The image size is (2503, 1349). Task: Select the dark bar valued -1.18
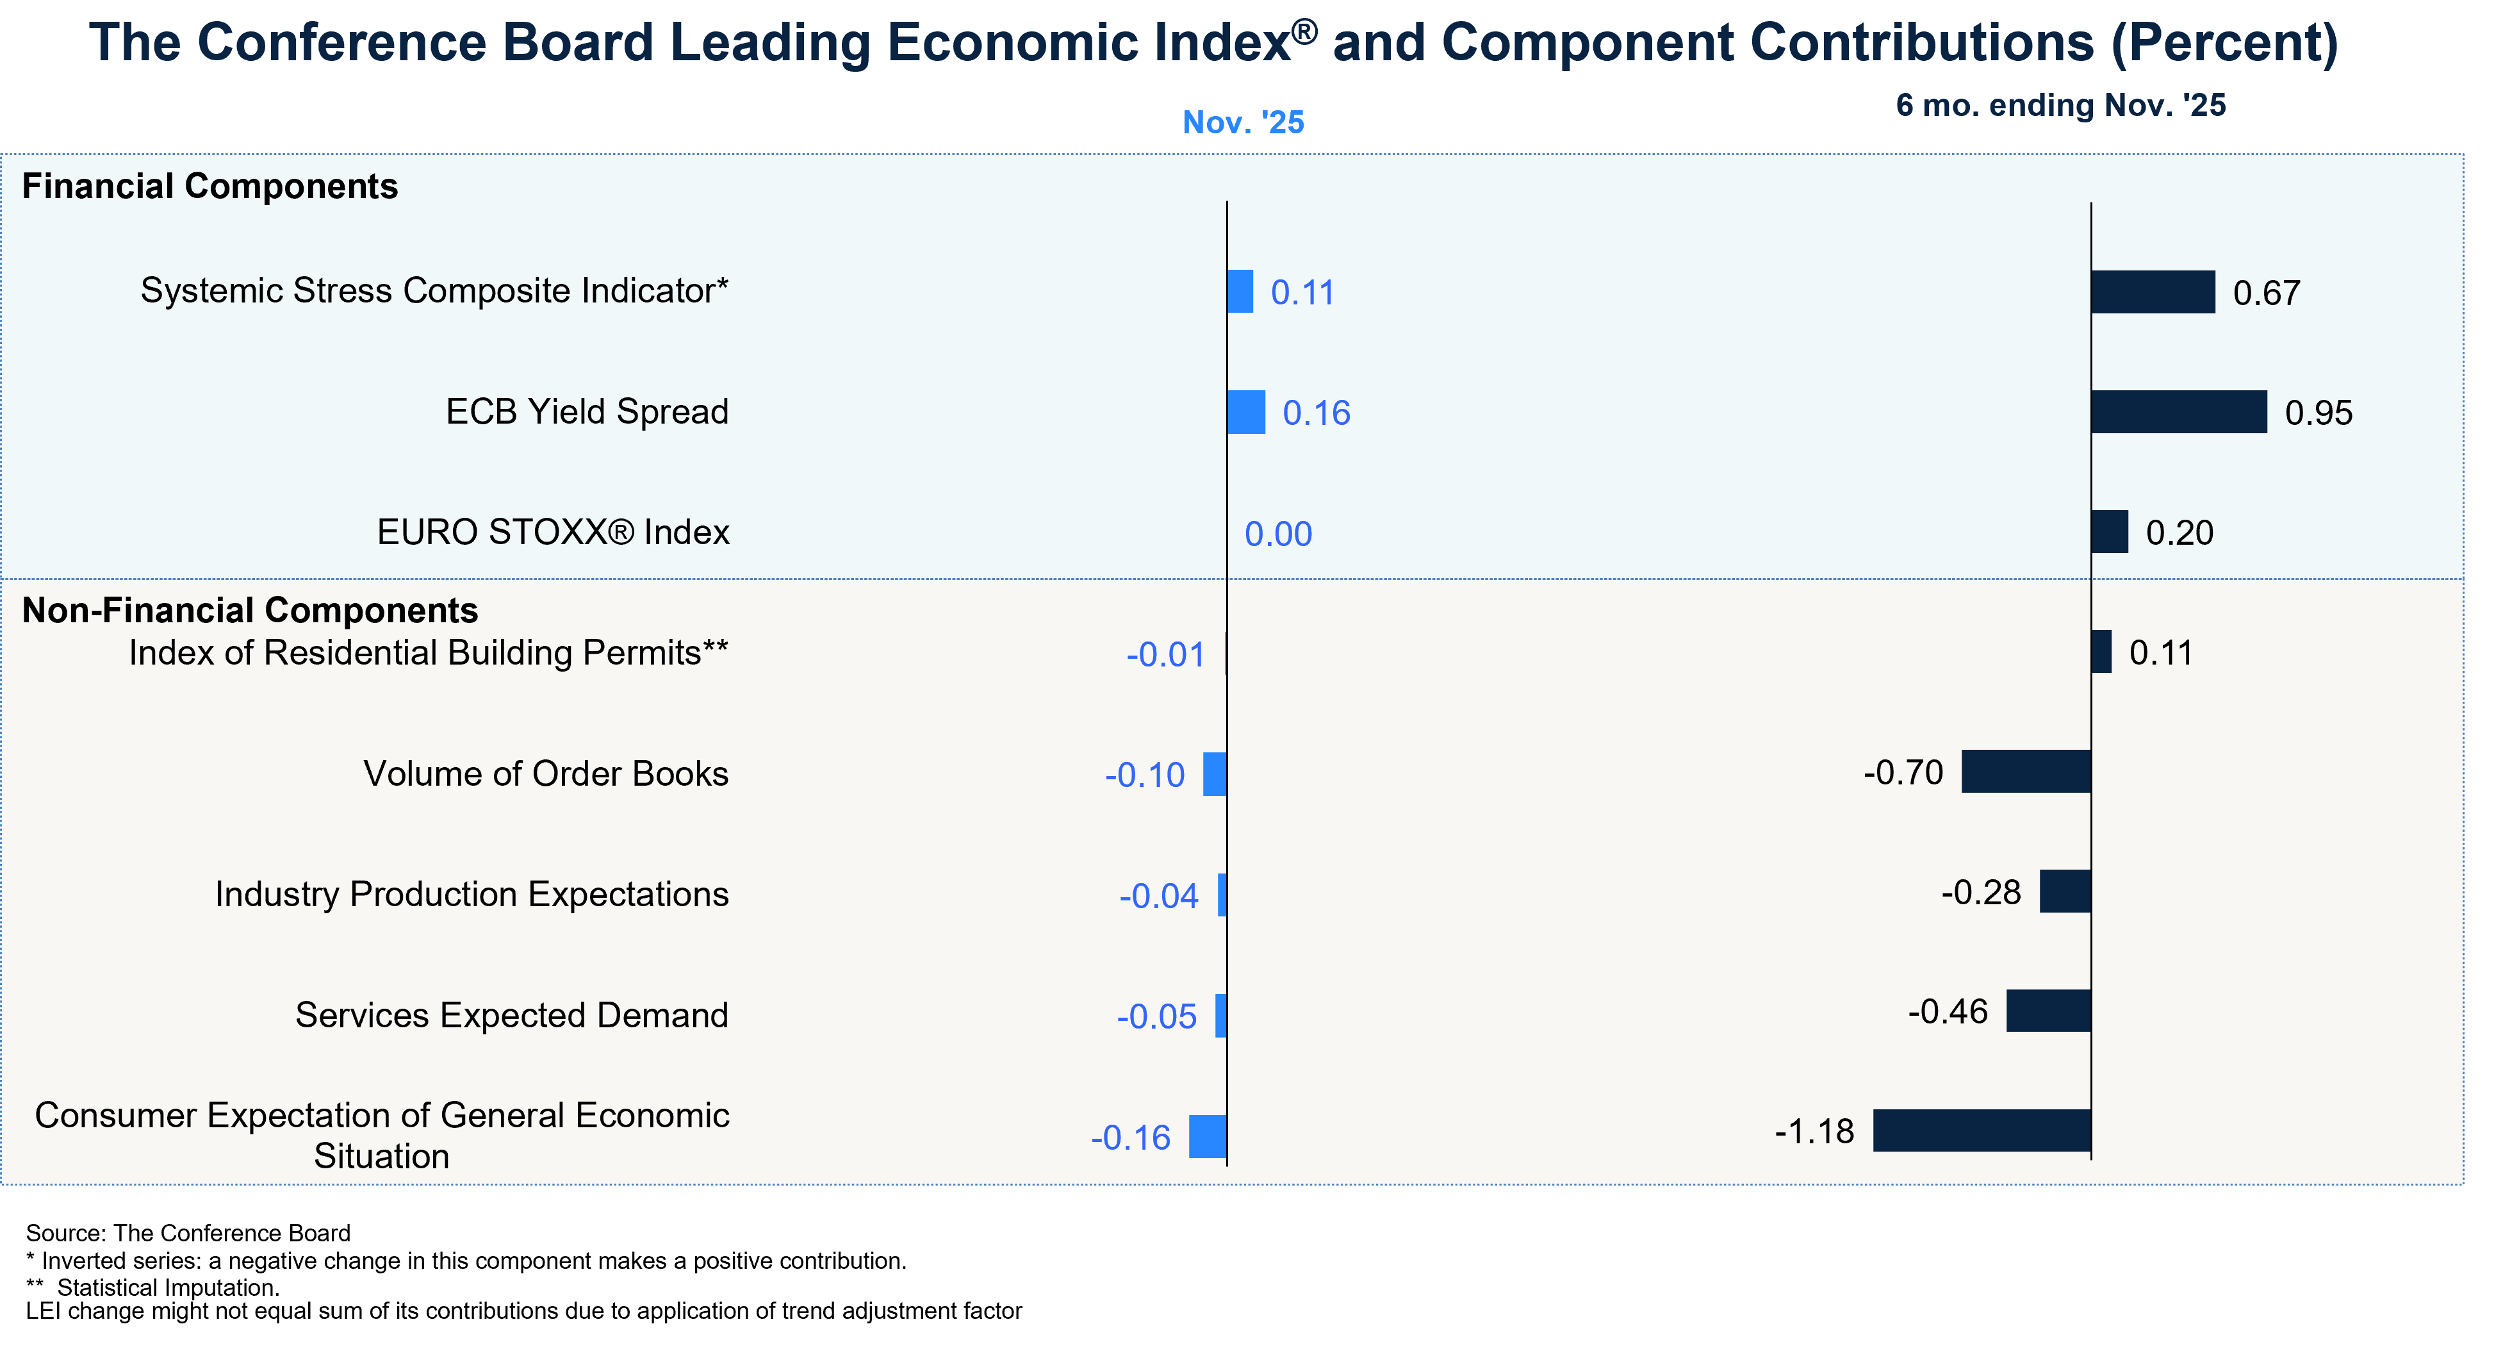(x=1982, y=1130)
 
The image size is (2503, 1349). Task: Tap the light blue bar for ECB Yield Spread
(x=1247, y=412)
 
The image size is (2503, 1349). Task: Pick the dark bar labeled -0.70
(x=2026, y=772)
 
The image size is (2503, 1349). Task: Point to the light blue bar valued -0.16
(x=1208, y=1136)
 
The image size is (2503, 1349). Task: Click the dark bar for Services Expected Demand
(x=2048, y=1011)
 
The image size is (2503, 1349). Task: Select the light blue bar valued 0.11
(x=1241, y=292)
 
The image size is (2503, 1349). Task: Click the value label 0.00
(x=1277, y=534)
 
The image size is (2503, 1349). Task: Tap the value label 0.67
(x=2266, y=292)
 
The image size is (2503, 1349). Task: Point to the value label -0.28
(x=1980, y=892)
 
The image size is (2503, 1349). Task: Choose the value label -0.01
(x=1165, y=654)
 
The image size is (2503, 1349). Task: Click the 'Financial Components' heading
(x=210, y=186)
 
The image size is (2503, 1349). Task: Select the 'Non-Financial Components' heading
(x=250, y=610)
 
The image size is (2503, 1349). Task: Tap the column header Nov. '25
(x=1243, y=122)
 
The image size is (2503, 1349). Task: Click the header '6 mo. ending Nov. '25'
(x=2060, y=105)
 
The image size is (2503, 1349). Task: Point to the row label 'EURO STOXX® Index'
(x=553, y=533)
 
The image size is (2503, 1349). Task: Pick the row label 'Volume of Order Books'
(x=545, y=774)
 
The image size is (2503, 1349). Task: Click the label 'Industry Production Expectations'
(x=472, y=894)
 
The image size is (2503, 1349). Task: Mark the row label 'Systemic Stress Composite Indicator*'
(x=434, y=290)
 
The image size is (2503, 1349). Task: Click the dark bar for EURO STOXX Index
(x=2110, y=532)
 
